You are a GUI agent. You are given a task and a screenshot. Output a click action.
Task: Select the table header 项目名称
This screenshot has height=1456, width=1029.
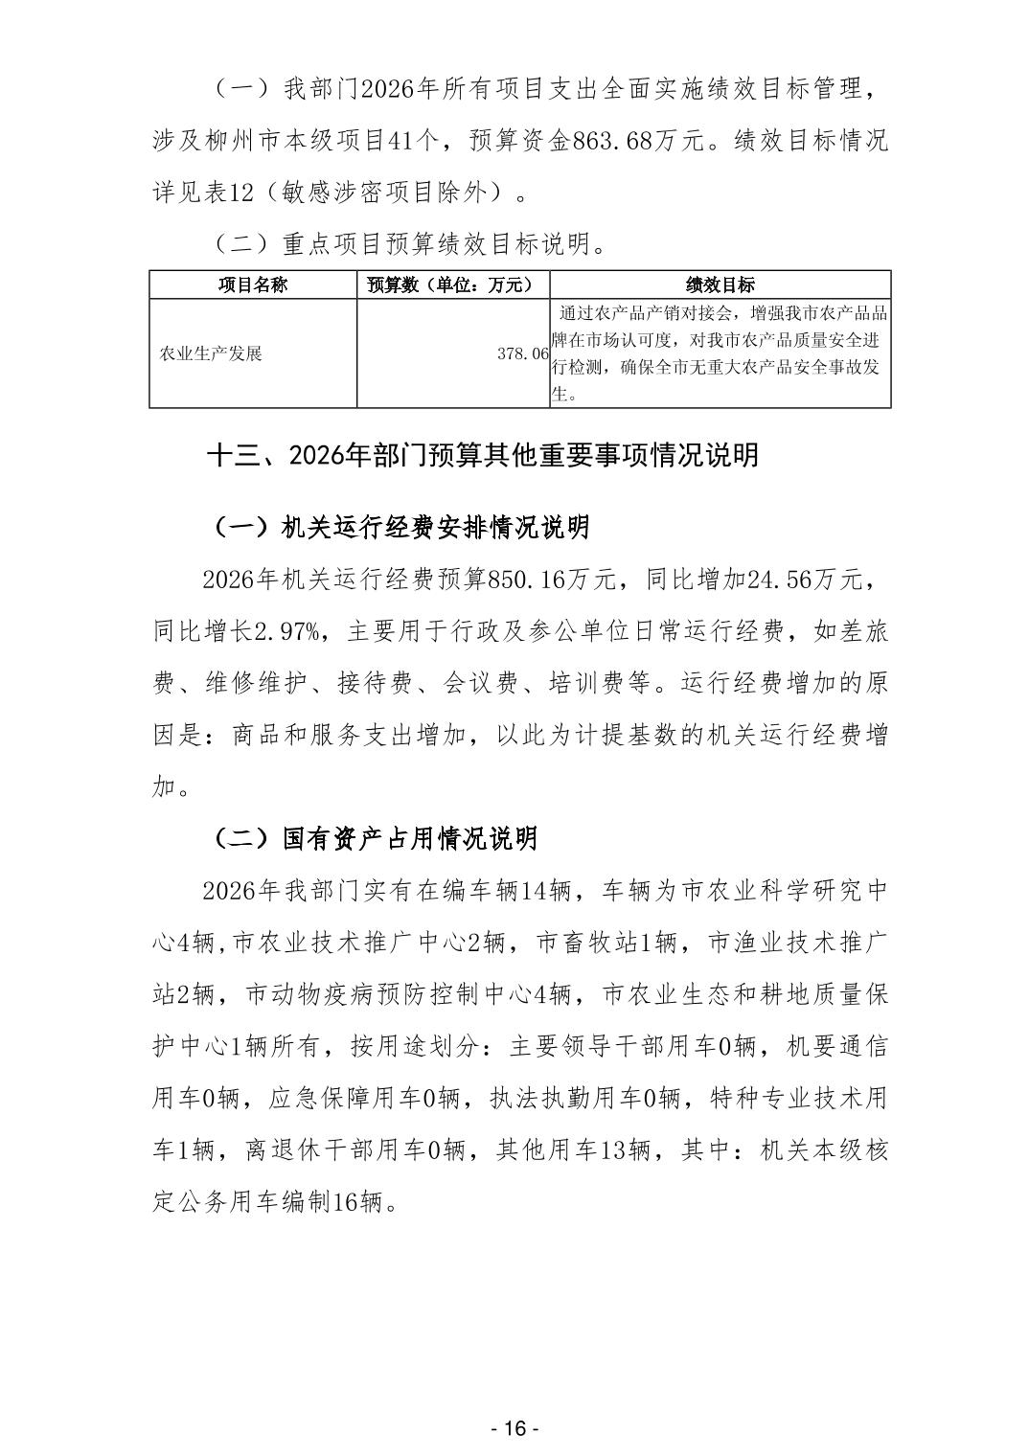coord(253,284)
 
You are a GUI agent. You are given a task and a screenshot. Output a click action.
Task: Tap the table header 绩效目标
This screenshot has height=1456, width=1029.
coord(720,284)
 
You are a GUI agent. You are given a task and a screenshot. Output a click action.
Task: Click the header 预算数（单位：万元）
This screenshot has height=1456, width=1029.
coord(453,284)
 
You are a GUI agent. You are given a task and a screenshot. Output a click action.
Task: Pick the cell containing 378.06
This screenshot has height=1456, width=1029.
coord(523,353)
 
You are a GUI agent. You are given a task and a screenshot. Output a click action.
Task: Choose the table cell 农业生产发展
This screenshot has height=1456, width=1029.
coord(211,353)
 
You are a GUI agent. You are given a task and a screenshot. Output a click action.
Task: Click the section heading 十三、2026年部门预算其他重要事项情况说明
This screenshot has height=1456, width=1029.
coord(483,455)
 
